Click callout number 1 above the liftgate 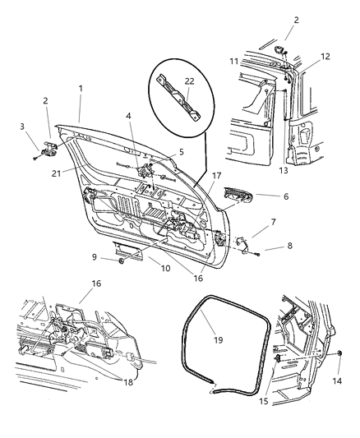80,88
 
